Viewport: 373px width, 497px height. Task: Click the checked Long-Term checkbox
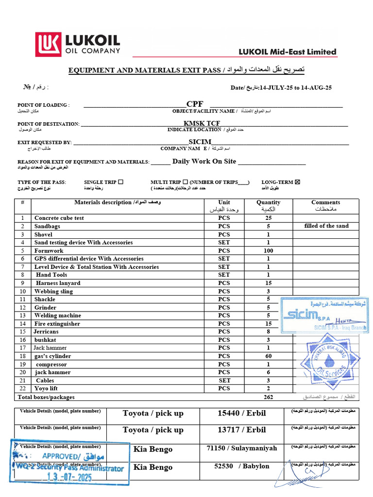pyautogui.click(x=298, y=182)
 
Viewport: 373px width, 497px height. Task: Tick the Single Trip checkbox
pyautogui.click(x=120, y=182)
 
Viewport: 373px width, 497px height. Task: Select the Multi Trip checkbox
pyautogui.click(x=185, y=182)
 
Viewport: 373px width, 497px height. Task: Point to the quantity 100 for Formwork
pyautogui.click(x=268, y=251)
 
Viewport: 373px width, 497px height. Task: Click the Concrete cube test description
pyautogui.click(x=59, y=218)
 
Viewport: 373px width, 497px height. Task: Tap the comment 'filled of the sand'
pyautogui.click(x=326, y=226)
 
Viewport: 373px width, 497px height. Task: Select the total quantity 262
pyautogui.click(x=268, y=397)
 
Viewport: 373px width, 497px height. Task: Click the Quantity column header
pyautogui.click(x=268, y=202)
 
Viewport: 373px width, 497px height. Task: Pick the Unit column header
pyautogui.click(x=224, y=202)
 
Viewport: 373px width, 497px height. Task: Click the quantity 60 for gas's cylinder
pyautogui.click(x=268, y=356)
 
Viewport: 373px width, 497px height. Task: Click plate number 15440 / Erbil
pyautogui.click(x=241, y=414)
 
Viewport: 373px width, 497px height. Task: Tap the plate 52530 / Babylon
pyautogui.click(x=241, y=466)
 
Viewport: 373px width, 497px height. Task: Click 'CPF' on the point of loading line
pyautogui.click(x=195, y=104)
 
